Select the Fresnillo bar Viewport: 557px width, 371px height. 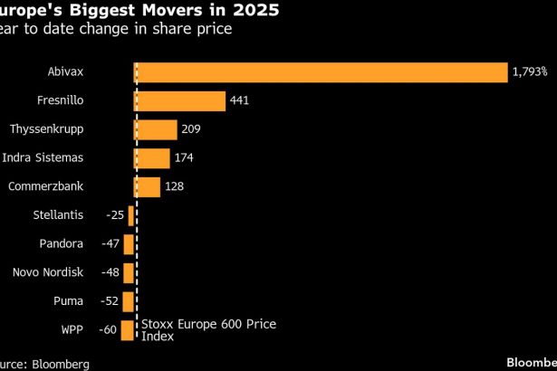point(179,101)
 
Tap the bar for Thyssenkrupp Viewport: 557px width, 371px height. point(156,129)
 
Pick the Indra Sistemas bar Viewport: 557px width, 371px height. point(152,158)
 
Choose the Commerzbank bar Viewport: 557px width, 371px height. point(147,186)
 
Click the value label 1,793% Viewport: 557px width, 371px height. point(530,72)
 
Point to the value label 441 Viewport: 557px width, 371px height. point(240,101)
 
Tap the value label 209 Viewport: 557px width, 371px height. point(192,129)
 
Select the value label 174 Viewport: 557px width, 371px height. point(184,158)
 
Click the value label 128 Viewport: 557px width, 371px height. point(176,186)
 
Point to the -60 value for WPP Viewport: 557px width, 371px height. point(107,330)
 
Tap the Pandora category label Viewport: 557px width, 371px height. point(62,244)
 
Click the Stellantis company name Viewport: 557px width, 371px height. point(57,215)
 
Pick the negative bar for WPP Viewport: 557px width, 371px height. point(128,330)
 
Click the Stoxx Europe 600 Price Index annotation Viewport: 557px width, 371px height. point(207,330)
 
